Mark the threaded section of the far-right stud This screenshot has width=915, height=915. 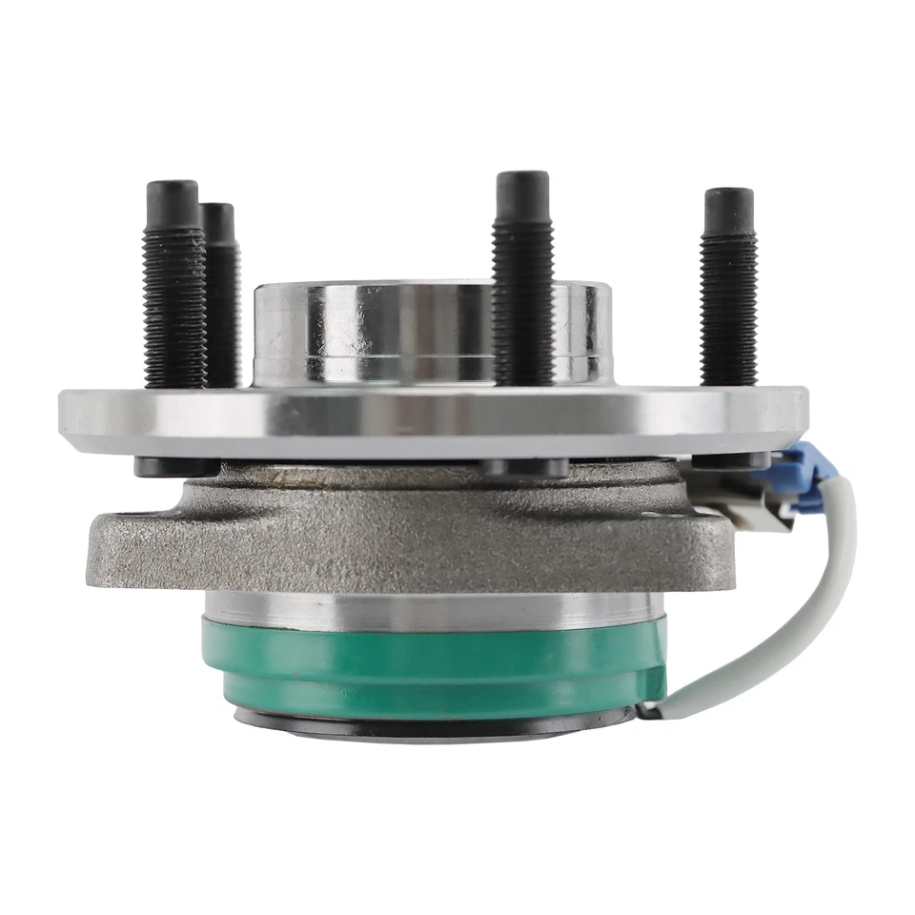tap(729, 305)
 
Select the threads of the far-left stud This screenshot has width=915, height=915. tap(173, 305)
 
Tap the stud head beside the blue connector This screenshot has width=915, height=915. tap(729, 460)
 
